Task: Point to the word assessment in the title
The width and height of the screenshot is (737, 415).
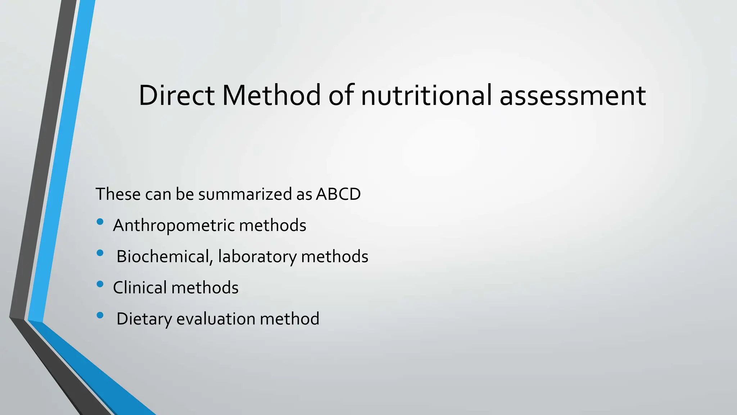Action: pyautogui.click(x=573, y=96)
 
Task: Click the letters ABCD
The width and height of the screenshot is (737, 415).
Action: pyautogui.click(x=338, y=194)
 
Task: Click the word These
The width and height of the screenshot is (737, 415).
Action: pyautogui.click(x=118, y=194)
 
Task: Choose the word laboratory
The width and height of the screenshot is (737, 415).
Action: pyautogui.click(x=257, y=257)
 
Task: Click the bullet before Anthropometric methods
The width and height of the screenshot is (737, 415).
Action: pyautogui.click(x=100, y=222)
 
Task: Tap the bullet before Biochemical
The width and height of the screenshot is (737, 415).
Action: pyautogui.click(x=100, y=253)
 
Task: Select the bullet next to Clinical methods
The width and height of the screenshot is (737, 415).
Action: pyautogui.click(x=100, y=285)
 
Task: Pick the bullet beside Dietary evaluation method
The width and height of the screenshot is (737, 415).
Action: pyautogui.click(x=100, y=316)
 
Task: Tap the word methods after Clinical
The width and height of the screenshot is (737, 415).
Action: pyautogui.click(x=205, y=288)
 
